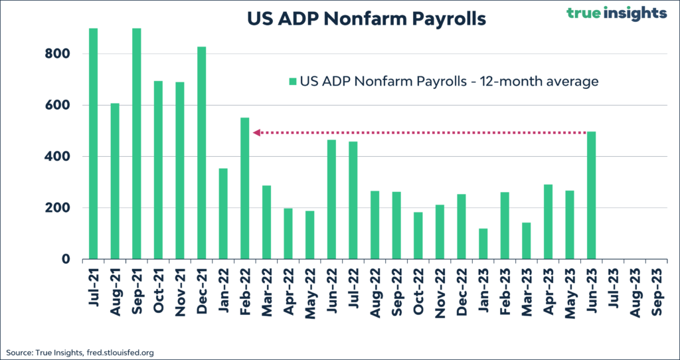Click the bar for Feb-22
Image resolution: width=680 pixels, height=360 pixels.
click(x=245, y=189)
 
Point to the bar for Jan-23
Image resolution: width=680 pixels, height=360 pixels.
click(x=483, y=244)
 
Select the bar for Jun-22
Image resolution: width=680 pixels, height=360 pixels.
click(x=331, y=199)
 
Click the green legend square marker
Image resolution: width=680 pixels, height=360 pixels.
click(x=292, y=82)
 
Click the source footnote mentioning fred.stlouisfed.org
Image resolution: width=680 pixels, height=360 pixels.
click(x=80, y=353)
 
